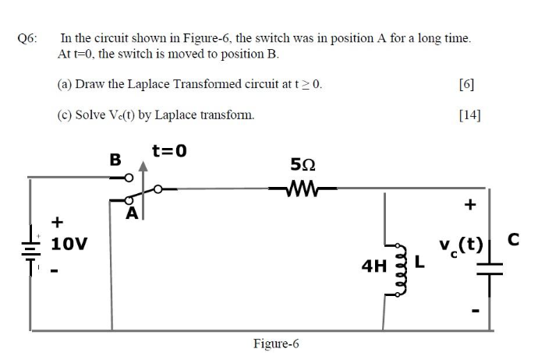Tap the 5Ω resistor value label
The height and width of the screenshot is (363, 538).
coord(301,165)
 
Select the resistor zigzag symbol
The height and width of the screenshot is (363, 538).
coord(300,187)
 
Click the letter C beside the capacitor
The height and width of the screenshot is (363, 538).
coord(512,241)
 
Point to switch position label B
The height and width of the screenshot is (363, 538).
coord(115,160)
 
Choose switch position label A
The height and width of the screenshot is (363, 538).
coord(133,212)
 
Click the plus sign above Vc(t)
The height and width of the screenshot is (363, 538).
coord(469,206)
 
